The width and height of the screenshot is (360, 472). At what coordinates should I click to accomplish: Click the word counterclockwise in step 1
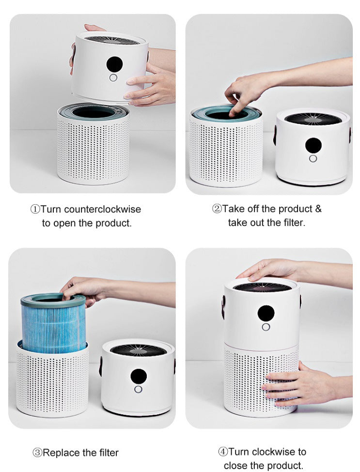point(102,209)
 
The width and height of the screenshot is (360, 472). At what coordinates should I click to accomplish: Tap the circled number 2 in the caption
point(217,209)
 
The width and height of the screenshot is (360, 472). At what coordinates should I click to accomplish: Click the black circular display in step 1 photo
point(114,63)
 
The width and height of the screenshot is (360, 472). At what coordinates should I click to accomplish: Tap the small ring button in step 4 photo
point(266,327)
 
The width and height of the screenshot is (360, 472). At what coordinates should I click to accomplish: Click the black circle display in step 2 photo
point(313,145)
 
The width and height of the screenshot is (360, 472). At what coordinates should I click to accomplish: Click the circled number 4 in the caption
point(223,452)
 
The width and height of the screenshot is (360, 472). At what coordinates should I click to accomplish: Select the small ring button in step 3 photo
point(139,389)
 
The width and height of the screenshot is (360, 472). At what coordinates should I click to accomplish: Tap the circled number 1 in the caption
point(35,209)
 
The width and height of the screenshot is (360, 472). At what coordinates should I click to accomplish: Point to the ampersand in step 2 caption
point(318,209)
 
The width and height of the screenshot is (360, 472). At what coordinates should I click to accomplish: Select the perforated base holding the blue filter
point(52,382)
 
